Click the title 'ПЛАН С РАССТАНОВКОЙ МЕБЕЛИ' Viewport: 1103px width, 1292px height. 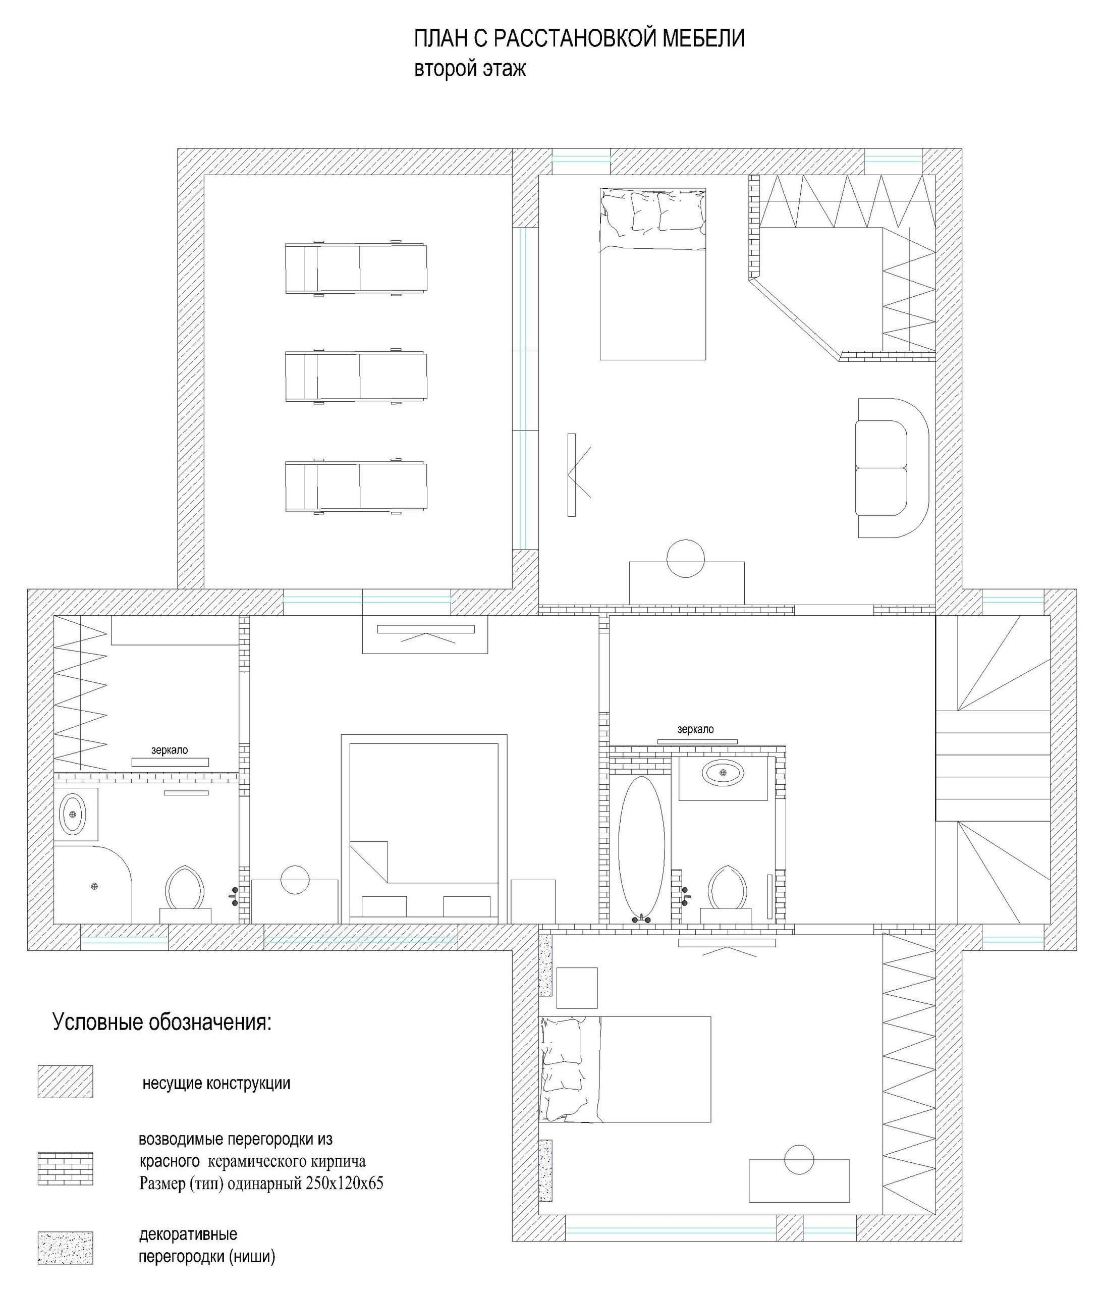(x=579, y=39)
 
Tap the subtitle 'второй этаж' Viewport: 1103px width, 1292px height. (x=470, y=69)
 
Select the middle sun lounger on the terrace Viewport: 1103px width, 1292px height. (x=356, y=376)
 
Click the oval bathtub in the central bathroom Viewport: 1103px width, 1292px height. (x=642, y=848)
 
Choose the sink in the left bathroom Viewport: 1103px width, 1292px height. (x=73, y=814)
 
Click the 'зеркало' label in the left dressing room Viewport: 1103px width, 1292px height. (x=170, y=750)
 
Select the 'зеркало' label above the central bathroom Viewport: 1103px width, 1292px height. (x=695, y=729)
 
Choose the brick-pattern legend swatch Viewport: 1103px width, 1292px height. (x=66, y=1168)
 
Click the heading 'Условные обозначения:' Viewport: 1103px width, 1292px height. (x=162, y=1022)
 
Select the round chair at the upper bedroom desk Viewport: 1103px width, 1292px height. (x=686, y=558)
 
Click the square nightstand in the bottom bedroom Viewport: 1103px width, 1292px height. (x=577, y=988)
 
